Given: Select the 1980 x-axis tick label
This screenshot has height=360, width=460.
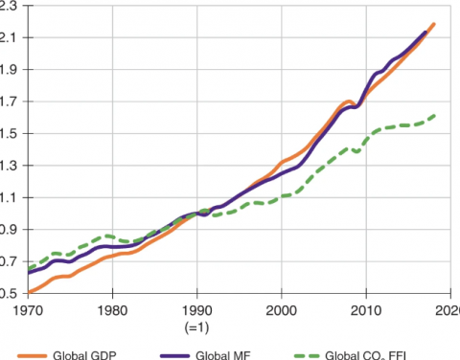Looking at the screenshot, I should coord(113,310).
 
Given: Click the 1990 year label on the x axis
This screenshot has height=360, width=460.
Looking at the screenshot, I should coord(197,310).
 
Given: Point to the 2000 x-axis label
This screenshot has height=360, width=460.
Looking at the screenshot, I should coord(282,310).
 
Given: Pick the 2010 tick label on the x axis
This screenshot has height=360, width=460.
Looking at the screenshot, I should coord(365,310).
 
